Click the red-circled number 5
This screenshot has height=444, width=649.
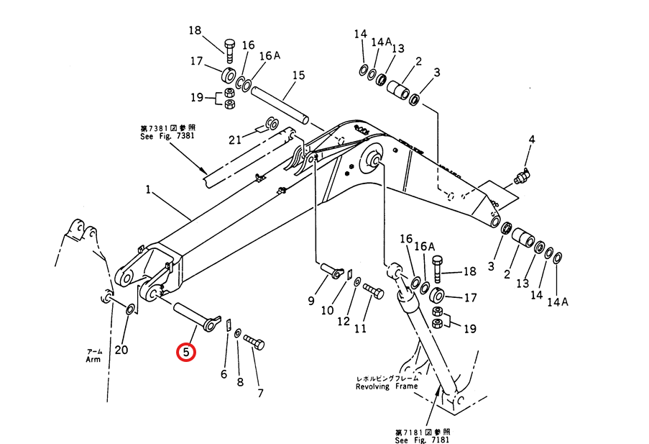click(x=185, y=353)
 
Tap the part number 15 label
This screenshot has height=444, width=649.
click(x=298, y=76)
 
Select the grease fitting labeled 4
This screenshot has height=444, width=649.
click(x=522, y=176)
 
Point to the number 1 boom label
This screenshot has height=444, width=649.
click(x=148, y=191)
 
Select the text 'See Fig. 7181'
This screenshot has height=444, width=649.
click(x=424, y=440)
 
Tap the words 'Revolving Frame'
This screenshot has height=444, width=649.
click(x=386, y=386)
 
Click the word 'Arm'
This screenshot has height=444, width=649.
click(x=93, y=359)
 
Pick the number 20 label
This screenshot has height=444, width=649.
click(x=122, y=350)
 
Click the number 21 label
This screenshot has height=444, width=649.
click(x=234, y=139)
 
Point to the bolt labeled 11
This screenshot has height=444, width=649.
click(x=372, y=290)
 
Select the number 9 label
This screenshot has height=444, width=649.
click(x=311, y=300)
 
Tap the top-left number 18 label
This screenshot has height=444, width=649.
click(x=195, y=30)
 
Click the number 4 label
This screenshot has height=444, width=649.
click(x=532, y=139)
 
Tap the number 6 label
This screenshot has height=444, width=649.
click(x=224, y=374)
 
